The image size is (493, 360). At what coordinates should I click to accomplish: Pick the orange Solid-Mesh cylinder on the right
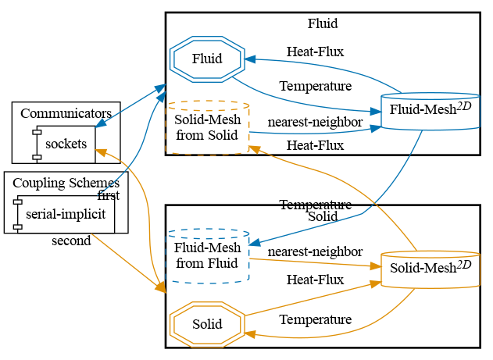tap(430, 270)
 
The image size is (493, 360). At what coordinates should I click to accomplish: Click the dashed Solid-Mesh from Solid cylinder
tap(207, 127)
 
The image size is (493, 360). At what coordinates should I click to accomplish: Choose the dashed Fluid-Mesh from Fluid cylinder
tap(207, 255)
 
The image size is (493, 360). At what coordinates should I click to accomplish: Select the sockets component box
tap(65, 143)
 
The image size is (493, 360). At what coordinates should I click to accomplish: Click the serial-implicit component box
tap(65, 213)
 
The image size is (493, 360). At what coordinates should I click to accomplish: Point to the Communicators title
tap(66, 113)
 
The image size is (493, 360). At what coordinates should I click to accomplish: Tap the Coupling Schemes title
tap(66, 183)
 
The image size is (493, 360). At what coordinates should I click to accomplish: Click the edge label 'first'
tap(108, 195)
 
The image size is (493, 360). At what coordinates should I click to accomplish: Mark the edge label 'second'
tap(71, 241)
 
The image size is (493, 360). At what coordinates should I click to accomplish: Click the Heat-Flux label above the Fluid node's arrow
tap(315, 52)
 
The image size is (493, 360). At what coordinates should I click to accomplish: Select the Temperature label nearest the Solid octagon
tap(315, 319)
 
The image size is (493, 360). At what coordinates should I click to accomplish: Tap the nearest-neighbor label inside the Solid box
tap(315, 251)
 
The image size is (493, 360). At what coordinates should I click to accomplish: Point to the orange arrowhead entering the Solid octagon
tap(249, 333)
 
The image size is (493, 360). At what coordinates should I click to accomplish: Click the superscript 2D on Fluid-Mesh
tap(464, 106)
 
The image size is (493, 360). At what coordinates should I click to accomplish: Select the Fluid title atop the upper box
tap(322, 23)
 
